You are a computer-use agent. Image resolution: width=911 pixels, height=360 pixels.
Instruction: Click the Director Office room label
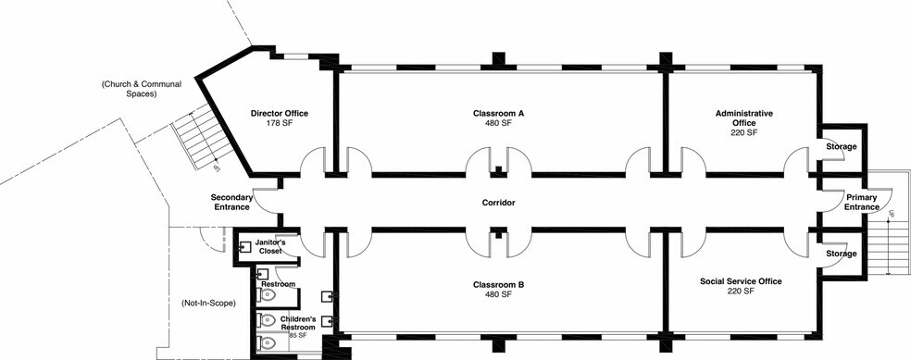(280, 113)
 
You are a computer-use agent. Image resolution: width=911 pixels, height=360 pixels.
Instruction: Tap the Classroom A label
(498, 113)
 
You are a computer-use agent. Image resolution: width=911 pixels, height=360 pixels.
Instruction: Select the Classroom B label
(498, 285)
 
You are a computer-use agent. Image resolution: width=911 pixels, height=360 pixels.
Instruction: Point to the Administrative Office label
(744, 118)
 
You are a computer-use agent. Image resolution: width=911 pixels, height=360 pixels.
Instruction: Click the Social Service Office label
(741, 281)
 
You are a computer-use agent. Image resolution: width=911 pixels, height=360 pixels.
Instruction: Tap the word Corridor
(498, 203)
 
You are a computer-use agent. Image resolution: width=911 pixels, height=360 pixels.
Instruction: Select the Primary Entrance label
(862, 202)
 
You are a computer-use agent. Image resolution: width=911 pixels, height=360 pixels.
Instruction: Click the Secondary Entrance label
(231, 202)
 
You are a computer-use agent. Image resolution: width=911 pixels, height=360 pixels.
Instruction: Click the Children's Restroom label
(298, 323)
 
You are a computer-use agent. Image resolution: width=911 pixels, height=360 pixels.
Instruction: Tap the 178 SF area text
(280, 123)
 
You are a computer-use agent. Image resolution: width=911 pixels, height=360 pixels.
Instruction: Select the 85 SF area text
(298, 336)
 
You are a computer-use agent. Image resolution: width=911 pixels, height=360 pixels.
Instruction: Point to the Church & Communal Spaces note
(142, 88)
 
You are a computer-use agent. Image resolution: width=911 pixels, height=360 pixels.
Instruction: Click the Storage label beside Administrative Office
(842, 147)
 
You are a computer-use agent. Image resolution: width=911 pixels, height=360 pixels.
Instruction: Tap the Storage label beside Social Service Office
(842, 254)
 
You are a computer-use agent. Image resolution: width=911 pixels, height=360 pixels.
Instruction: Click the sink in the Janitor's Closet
(243, 247)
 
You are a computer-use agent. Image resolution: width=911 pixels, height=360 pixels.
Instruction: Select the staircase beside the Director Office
(204, 137)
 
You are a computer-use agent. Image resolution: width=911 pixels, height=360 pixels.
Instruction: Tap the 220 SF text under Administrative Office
(744, 132)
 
